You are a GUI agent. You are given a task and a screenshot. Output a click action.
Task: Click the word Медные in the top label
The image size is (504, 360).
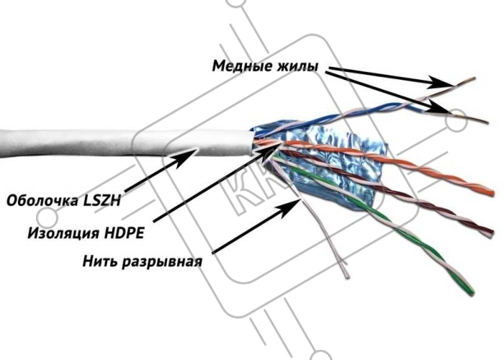pos(242,66)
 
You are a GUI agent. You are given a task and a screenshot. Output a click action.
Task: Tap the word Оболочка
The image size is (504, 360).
pos(42,201)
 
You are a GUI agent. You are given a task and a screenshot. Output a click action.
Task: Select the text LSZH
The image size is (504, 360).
pos(102,201)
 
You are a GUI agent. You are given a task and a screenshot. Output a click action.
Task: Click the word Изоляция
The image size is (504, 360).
pos(63,233)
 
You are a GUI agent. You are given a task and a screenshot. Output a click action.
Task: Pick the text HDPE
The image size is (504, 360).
pos(124,233)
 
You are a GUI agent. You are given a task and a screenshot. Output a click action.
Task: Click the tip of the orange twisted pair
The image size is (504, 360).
pos(492,193)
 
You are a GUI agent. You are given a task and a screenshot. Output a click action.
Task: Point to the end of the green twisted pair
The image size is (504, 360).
pos(471,292)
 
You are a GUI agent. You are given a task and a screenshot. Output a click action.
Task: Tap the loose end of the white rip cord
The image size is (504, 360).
pos(347,276)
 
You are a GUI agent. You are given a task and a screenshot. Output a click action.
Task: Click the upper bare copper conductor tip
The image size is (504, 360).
pos(474,78)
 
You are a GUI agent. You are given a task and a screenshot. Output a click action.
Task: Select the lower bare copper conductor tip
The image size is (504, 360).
pos(487,122)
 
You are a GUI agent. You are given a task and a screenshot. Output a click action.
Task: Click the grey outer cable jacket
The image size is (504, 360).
pos(125,143)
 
